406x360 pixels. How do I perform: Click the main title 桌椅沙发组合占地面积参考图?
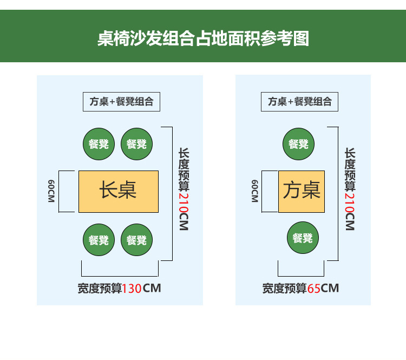point(203,38)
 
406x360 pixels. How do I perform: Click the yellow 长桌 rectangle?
point(119,191)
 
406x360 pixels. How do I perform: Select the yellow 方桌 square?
point(302,191)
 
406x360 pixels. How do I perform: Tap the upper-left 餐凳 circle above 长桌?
point(99,144)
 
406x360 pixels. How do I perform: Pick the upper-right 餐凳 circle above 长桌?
point(136,144)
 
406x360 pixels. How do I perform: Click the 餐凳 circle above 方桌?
point(299,144)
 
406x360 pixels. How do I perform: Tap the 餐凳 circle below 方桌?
point(303,238)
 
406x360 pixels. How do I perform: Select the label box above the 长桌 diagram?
point(121,101)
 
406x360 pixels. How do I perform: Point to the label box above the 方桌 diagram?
point(300,101)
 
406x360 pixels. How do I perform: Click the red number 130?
point(132,288)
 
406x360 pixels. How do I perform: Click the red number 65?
point(314,288)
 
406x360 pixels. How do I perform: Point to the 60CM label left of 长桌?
point(51,191)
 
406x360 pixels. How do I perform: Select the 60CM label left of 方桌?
point(254,191)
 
